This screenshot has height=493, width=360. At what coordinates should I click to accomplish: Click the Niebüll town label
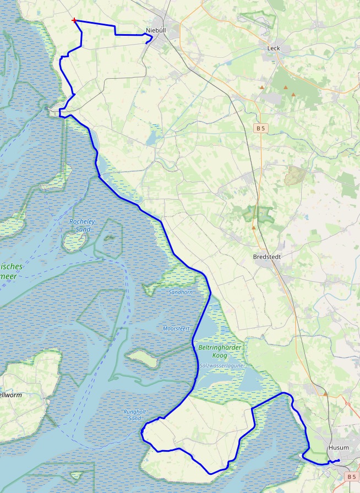click(x=156, y=30)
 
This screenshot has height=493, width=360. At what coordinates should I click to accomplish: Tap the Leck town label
click(x=274, y=48)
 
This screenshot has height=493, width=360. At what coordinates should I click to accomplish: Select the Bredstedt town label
click(x=267, y=256)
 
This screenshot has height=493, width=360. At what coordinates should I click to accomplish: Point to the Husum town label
click(x=339, y=448)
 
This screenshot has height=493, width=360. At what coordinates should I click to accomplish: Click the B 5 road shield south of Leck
click(x=260, y=128)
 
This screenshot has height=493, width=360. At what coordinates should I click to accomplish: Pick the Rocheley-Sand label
click(x=83, y=225)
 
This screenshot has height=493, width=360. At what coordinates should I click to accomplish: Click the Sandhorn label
click(x=181, y=292)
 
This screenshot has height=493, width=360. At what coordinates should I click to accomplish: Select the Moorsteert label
click(x=176, y=328)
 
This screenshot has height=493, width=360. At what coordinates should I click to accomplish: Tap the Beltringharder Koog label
click(x=220, y=352)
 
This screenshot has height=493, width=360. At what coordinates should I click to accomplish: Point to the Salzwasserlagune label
click(x=221, y=365)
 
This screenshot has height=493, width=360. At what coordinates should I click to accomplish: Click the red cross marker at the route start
click(x=74, y=20)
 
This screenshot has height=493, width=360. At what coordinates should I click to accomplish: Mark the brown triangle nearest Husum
click(x=325, y=394)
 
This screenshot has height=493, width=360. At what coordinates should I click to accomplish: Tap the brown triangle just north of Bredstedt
click(x=253, y=227)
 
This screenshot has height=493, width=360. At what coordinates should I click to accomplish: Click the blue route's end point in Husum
click(x=337, y=459)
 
